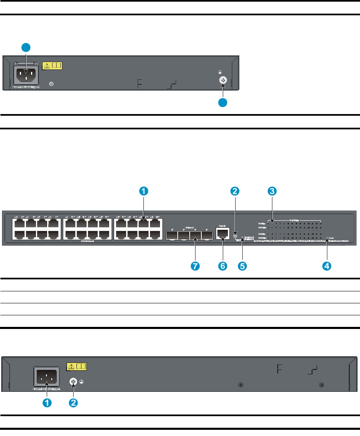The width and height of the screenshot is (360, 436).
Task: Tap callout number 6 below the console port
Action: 222,267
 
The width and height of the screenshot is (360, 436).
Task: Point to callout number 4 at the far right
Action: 327,267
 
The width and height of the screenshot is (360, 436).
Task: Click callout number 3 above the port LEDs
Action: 272,191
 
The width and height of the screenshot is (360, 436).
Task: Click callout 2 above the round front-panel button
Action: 235,191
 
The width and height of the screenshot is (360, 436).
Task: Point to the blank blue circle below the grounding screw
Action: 223,103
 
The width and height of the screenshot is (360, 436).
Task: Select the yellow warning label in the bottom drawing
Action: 77,367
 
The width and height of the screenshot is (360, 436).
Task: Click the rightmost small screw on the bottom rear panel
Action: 321,385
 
